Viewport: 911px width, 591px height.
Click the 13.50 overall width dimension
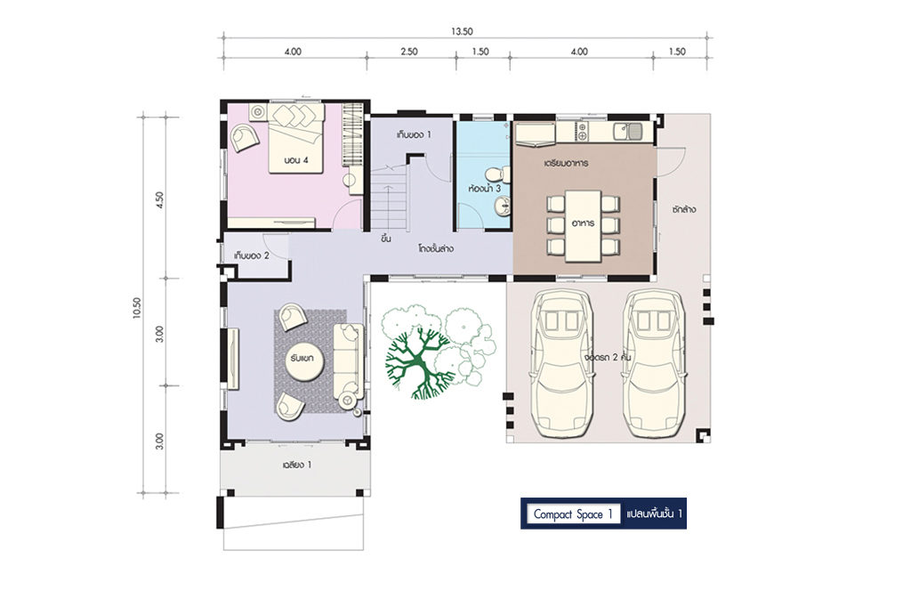point(462,32)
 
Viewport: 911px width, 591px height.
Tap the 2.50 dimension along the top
point(409,52)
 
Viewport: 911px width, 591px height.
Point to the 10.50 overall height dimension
point(136,308)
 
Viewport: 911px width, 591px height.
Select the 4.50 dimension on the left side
point(160,200)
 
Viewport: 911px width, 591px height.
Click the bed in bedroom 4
point(295,138)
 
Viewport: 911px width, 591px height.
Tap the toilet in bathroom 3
point(495,174)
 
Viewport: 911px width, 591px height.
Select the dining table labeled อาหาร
point(583,225)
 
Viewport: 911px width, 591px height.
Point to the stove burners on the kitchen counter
point(582,132)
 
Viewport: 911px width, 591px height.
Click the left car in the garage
point(563,363)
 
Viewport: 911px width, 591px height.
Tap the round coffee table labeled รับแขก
point(302,358)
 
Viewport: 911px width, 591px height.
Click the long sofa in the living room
point(349,360)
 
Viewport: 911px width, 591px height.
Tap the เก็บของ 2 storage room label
point(252,255)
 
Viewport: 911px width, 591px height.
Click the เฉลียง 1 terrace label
point(297,465)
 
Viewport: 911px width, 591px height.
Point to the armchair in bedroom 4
point(245,138)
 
